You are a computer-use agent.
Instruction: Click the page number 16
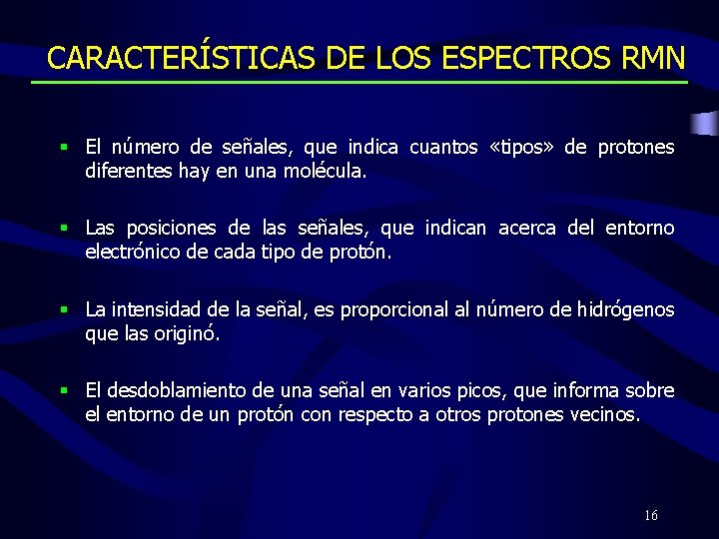pos(651,516)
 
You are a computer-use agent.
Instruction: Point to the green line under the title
pos(359,82)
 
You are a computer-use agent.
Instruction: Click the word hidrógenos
pos(625,309)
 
